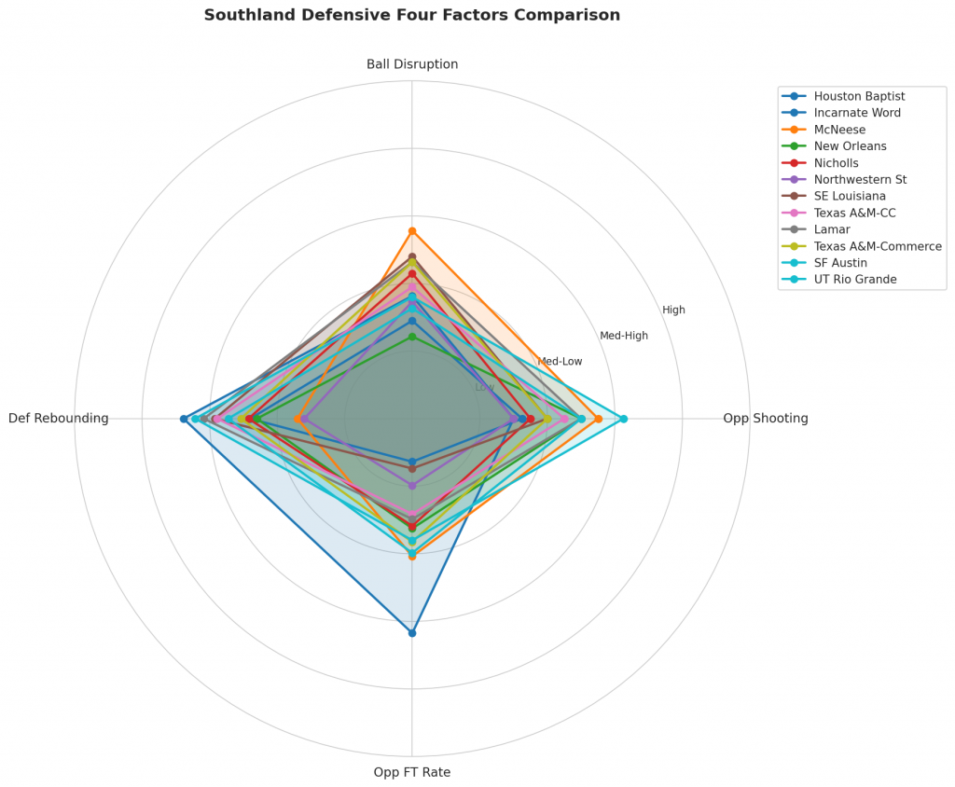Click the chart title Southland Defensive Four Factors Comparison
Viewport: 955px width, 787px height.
click(x=411, y=15)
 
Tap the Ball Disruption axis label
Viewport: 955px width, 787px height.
click(x=411, y=64)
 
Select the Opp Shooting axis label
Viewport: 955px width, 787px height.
click(x=765, y=419)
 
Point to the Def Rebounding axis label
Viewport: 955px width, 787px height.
click(x=59, y=419)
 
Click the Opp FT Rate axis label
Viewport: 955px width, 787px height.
click(x=411, y=772)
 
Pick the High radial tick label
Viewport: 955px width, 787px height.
click(x=673, y=310)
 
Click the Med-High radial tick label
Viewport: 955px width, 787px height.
click(x=624, y=336)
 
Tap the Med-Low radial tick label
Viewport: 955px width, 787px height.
click(x=560, y=362)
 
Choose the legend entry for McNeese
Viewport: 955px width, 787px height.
click(x=838, y=130)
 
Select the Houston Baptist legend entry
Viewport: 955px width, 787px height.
click(x=858, y=96)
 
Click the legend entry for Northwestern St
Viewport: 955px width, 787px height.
click(x=859, y=179)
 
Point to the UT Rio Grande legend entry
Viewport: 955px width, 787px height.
click(x=854, y=280)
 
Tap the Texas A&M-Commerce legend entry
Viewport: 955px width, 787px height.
click(x=877, y=246)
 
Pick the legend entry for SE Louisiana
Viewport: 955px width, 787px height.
click(x=850, y=196)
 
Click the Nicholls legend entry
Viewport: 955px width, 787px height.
click(x=837, y=163)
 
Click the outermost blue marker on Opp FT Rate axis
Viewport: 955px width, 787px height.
click(x=412, y=633)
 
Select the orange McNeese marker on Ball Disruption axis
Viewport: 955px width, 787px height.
click(x=412, y=230)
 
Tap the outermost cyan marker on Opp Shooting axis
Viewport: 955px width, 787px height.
click(x=624, y=419)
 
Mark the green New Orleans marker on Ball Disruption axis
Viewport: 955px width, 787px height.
click(x=412, y=337)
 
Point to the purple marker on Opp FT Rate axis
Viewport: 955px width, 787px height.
click(x=412, y=485)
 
